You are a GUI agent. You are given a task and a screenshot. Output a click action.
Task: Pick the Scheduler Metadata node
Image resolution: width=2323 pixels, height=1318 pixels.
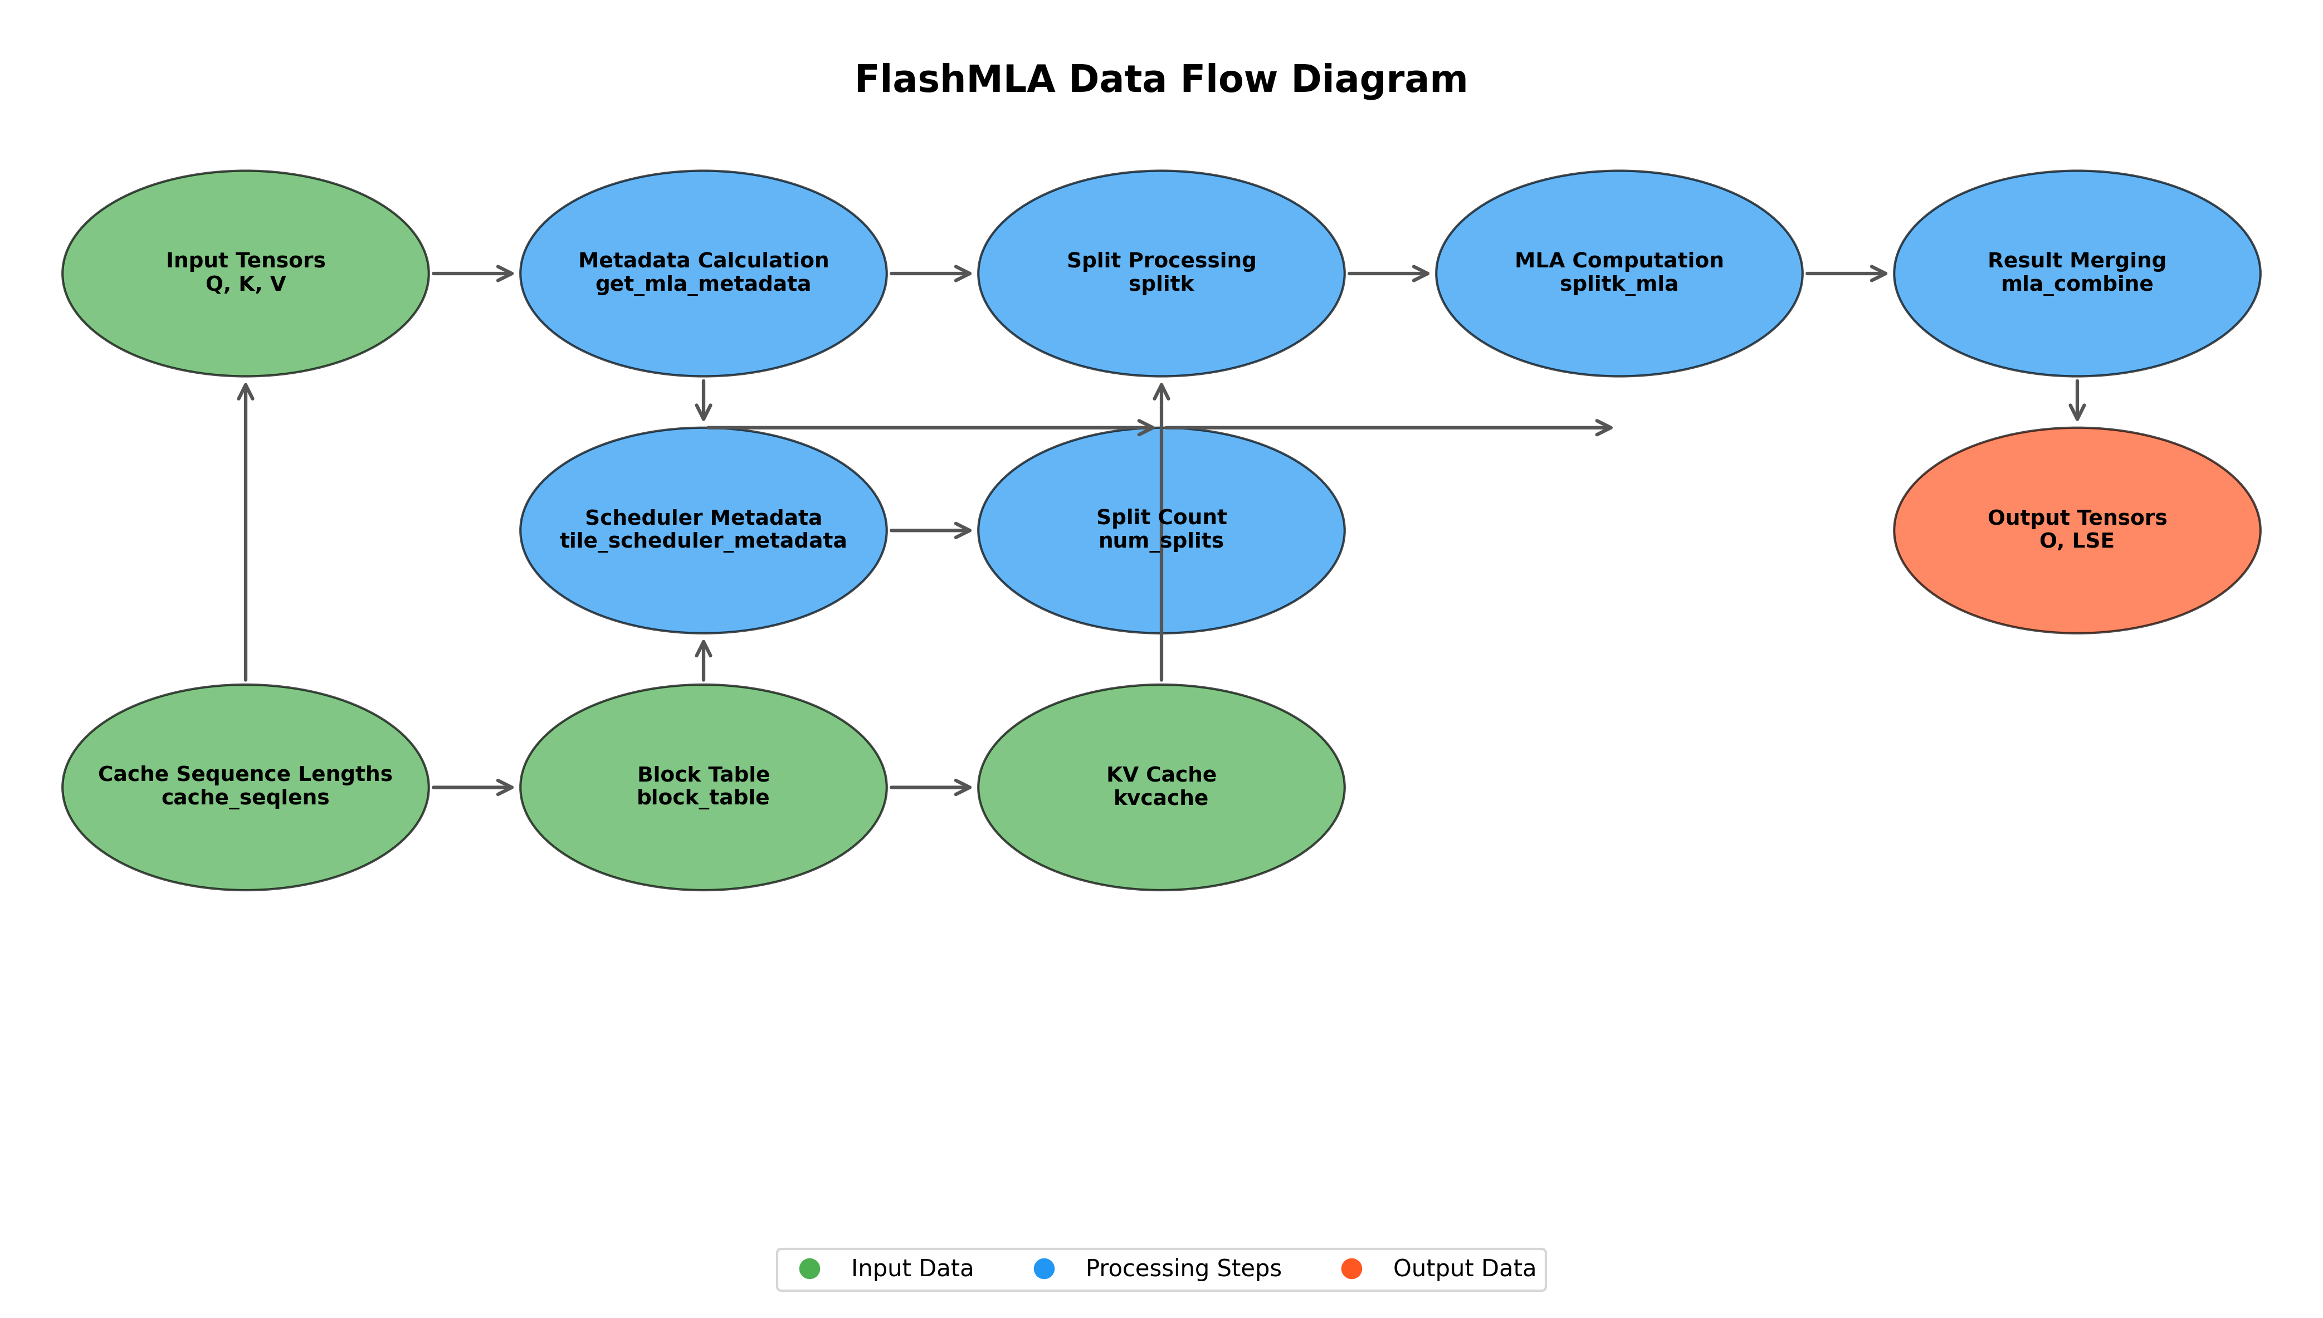click(703, 579)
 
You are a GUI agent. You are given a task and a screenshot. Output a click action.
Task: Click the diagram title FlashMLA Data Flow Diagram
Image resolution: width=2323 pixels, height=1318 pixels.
click(1161, 80)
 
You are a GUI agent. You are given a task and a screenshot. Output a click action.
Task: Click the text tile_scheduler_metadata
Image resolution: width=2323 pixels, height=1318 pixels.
click(703, 541)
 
